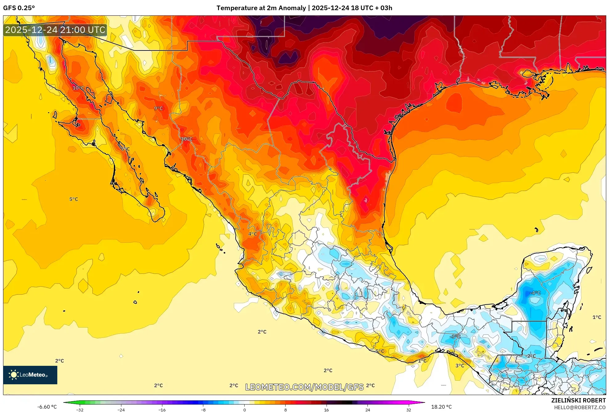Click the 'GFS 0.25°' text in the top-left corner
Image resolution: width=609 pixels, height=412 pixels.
pos(19,8)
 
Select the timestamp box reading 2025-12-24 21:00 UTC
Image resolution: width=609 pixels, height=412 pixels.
pos(55,30)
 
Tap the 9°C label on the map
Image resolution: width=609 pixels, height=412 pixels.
pos(158,108)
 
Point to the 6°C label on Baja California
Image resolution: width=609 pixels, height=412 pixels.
pos(125,149)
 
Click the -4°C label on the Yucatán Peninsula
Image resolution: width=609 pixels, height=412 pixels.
pos(535,293)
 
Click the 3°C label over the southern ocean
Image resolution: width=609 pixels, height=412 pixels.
pos(460,366)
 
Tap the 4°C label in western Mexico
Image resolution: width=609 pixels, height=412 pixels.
pos(253,234)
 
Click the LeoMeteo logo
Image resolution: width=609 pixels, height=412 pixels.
pos(30,375)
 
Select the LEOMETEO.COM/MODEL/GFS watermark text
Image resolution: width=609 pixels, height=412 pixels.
pos(304,387)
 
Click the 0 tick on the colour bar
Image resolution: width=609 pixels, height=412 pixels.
pos(245,410)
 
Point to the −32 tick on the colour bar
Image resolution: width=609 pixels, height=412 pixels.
pos(80,410)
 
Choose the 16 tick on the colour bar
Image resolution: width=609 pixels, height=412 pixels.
pos(327,410)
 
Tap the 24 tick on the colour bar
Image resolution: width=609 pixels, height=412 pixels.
pos(367,410)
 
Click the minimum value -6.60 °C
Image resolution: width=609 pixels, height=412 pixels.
pos(47,407)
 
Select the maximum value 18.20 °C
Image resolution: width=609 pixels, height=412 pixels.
pos(441,407)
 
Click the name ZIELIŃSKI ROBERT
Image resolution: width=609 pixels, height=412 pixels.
pos(578,400)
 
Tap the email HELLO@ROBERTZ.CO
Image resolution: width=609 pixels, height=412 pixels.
pos(580,407)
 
